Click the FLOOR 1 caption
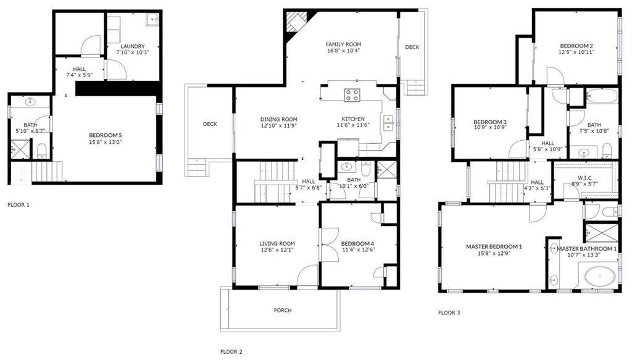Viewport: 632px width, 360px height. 18,204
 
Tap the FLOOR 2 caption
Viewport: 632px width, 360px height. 231,351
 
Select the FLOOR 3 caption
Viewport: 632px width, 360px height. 449,313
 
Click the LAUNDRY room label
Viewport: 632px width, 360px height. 133,46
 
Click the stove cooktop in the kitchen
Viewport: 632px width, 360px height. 352,95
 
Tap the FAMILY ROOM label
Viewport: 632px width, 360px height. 343,44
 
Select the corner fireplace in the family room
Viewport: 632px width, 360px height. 295,23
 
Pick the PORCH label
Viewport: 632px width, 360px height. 283,310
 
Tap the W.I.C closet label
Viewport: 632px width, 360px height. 585,177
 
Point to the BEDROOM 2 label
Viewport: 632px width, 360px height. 576,46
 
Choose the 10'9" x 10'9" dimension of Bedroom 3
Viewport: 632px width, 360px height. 489,128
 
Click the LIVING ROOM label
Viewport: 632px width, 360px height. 277,244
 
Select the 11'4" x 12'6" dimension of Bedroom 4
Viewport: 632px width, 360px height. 357,250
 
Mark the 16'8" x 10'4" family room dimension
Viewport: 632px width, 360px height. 343,51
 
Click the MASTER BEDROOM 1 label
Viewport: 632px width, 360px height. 494,247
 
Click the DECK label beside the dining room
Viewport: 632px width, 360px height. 210,124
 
